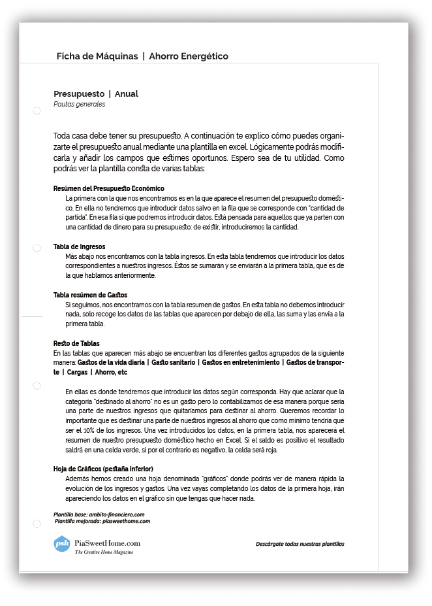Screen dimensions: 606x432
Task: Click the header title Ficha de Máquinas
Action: click(97, 56)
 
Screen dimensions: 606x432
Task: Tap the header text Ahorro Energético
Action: click(189, 56)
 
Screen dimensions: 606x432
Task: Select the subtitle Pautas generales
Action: click(79, 104)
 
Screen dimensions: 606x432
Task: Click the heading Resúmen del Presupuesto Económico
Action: click(108, 188)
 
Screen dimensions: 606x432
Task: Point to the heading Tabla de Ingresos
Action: click(79, 246)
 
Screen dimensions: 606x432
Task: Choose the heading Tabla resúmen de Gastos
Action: click(90, 295)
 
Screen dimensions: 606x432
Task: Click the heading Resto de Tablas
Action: click(76, 343)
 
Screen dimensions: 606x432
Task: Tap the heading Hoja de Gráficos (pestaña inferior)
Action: click(103, 469)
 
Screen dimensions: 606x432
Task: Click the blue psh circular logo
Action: click(62, 543)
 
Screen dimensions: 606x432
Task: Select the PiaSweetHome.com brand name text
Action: click(108, 543)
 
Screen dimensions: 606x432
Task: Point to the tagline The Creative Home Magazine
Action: click(104, 552)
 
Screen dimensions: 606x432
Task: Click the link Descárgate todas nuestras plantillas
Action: click(300, 544)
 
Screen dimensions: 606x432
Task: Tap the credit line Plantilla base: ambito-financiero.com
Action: click(99, 514)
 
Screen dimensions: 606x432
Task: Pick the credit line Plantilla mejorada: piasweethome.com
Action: click(103, 521)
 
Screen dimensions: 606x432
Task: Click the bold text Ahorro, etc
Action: click(111, 372)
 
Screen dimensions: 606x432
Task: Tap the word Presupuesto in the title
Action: click(79, 93)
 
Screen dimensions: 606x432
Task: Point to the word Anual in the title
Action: click(127, 93)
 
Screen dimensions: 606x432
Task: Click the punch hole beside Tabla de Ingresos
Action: click(37, 248)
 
